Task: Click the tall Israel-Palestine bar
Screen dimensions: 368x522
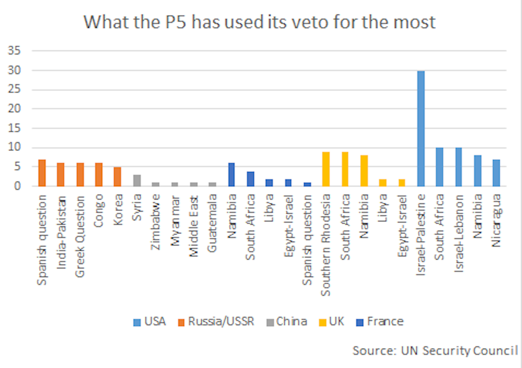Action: coord(421,128)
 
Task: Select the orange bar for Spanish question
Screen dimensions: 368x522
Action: coord(42,173)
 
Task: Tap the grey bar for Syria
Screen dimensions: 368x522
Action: coord(137,181)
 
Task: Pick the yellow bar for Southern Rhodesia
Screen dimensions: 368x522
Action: coord(326,169)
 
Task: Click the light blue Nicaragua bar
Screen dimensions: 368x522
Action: coord(496,173)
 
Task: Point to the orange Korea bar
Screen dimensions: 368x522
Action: coord(118,176)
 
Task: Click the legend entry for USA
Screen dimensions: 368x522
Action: coord(149,321)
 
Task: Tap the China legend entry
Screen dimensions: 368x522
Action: coord(286,321)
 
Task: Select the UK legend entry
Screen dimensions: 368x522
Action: coord(330,321)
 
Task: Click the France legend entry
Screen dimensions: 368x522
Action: coord(379,321)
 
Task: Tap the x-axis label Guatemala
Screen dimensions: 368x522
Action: coord(212,223)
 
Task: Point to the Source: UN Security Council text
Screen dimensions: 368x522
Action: coord(435,350)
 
